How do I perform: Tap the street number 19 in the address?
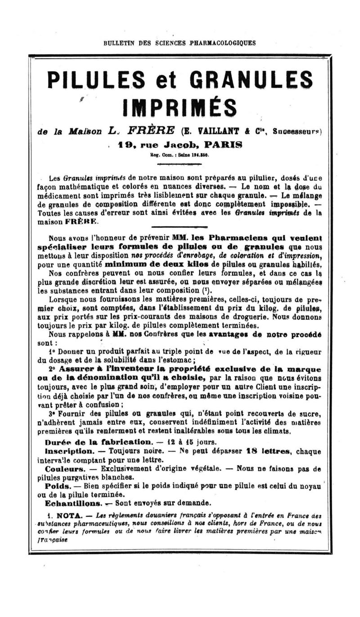coord(125,145)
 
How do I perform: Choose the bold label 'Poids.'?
coord(58,486)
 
